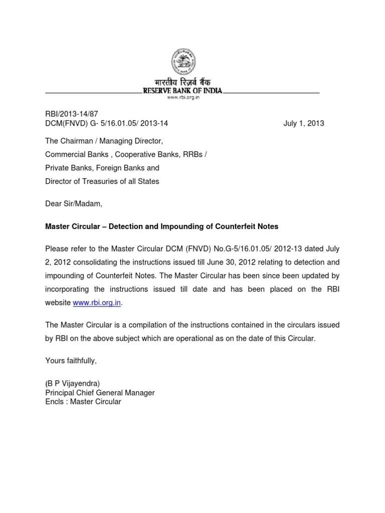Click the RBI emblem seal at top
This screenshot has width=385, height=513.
coord(184,62)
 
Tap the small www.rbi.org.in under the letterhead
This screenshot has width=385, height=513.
coord(183,98)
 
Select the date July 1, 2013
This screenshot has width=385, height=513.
coord(304,123)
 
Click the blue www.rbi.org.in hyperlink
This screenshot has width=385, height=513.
coord(97,303)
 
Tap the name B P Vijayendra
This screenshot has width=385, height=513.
coord(76,383)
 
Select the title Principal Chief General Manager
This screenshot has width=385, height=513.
coord(100,393)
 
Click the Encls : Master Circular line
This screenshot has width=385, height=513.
coord(83,402)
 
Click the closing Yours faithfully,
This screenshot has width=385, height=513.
coord(71,361)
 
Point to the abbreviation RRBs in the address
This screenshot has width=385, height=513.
coord(192,155)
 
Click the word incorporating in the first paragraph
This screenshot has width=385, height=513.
coord(67,289)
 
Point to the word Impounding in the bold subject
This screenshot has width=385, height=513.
coord(181,226)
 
